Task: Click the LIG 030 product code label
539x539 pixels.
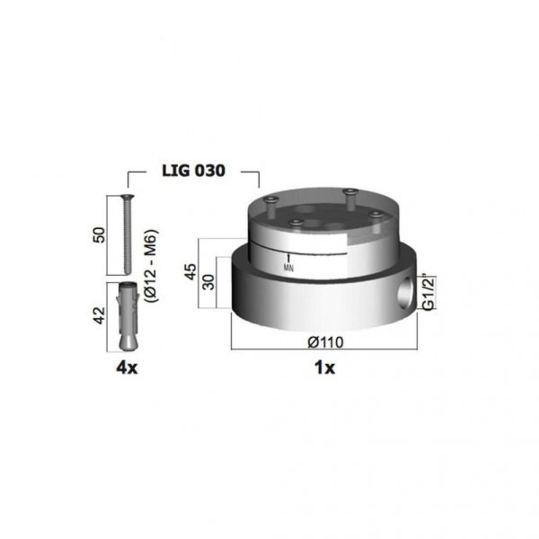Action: pyautogui.click(x=193, y=171)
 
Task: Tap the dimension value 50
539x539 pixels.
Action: pyautogui.click(x=100, y=234)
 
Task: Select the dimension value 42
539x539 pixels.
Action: pyautogui.click(x=100, y=315)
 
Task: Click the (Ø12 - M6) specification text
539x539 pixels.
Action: pyautogui.click(x=151, y=266)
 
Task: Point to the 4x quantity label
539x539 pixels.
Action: pyautogui.click(x=127, y=367)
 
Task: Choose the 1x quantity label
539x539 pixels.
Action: pyautogui.click(x=324, y=367)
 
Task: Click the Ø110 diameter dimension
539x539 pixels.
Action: pyautogui.click(x=325, y=342)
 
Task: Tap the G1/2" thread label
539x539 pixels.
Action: pyautogui.click(x=429, y=293)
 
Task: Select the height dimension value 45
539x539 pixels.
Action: pyautogui.click(x=191, y=271)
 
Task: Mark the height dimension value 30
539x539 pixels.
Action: pyautogui.click(x=208, y=282)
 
